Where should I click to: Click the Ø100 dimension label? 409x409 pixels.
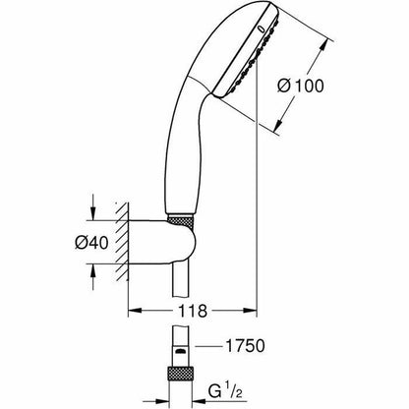[x=301, y=86]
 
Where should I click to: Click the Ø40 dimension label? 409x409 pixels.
[x=91, y=243]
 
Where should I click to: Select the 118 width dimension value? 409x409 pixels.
[x=193, y=311]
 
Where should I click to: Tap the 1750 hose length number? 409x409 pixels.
[x=245, y=346]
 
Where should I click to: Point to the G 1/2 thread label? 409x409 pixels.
[x=225, y=391]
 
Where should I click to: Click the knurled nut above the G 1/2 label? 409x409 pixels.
[x=180, y=373]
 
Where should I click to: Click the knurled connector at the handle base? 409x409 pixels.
[x=180, y=219]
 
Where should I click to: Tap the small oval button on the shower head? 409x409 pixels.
[x=261, y=29]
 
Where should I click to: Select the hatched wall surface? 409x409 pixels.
[x=120, y=242]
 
